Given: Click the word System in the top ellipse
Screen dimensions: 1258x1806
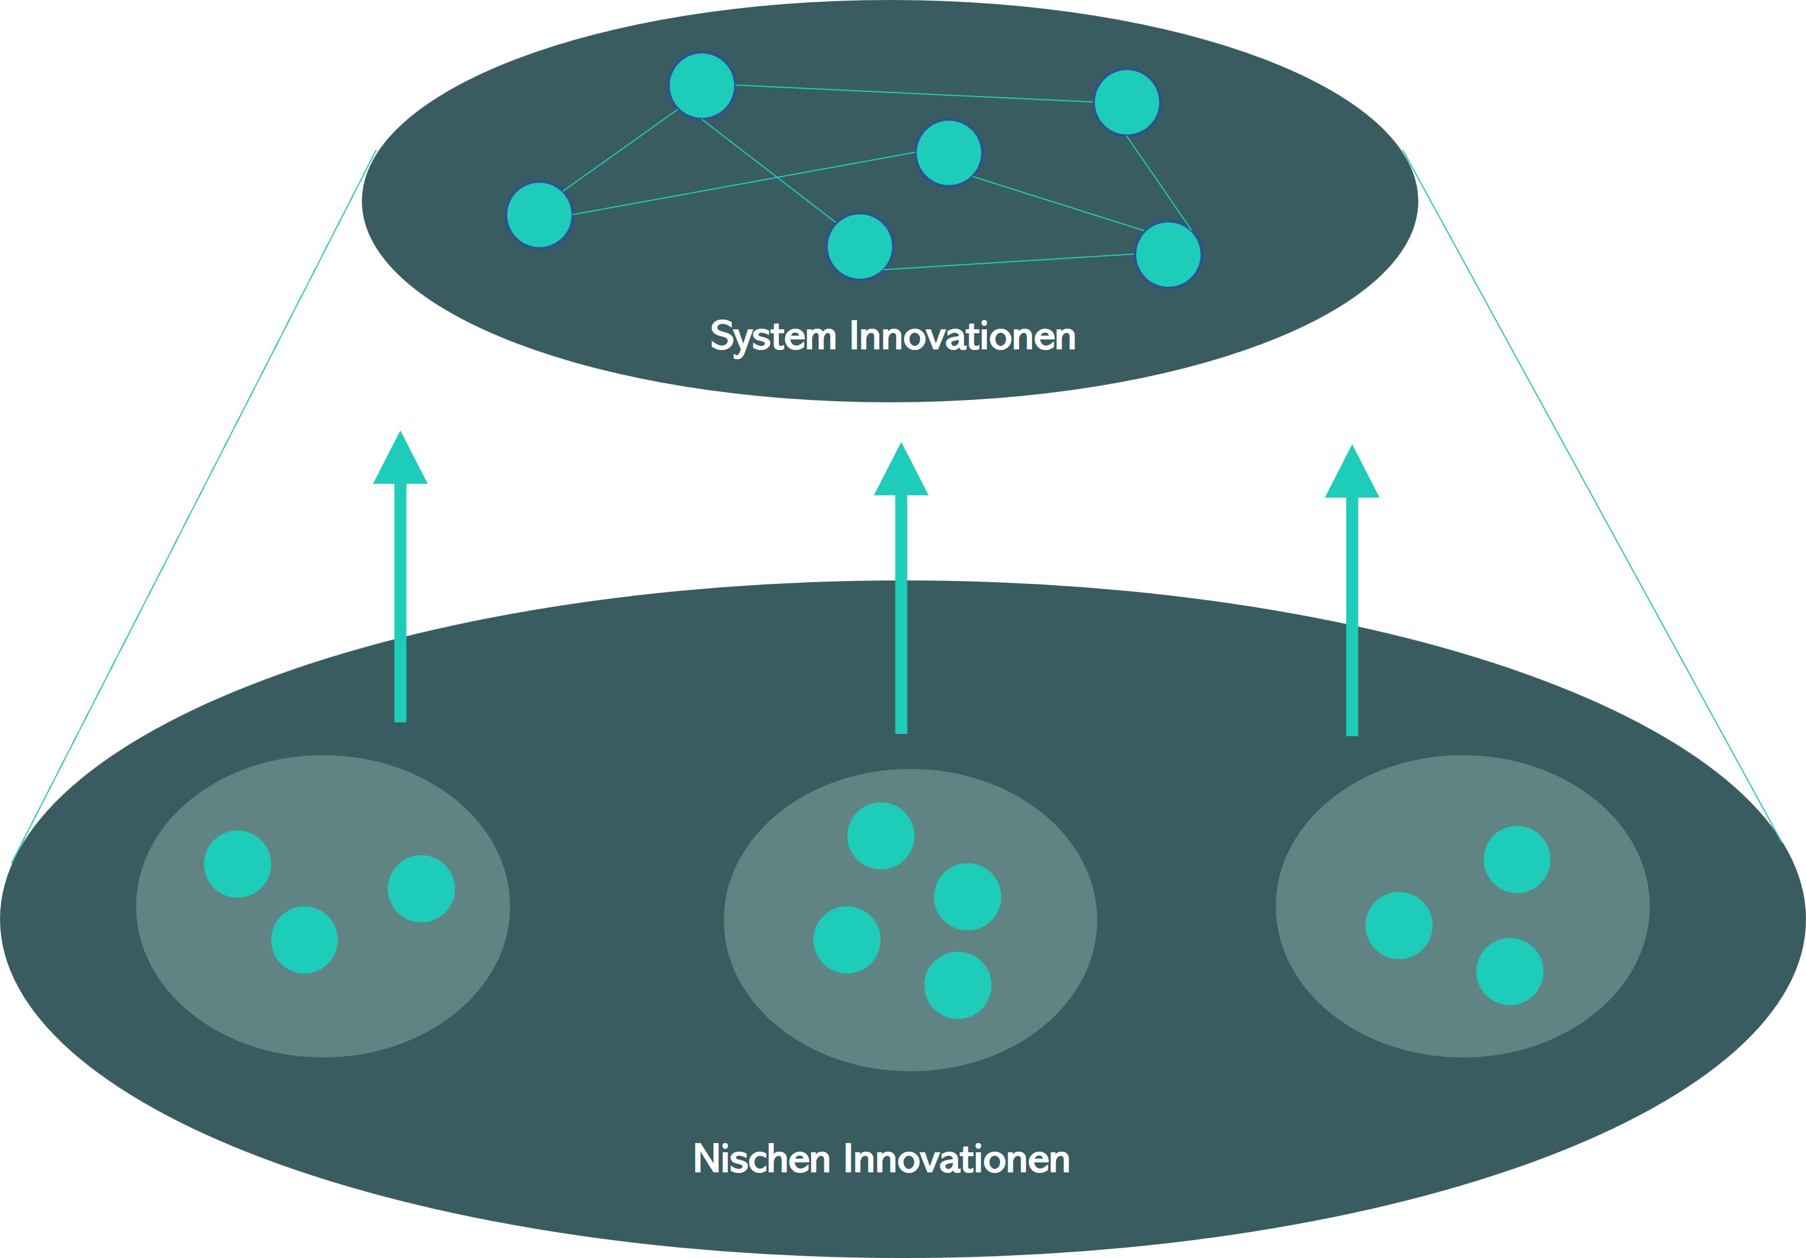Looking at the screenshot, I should pos(773,337).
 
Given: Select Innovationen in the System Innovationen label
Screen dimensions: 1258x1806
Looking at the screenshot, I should pos(962,337).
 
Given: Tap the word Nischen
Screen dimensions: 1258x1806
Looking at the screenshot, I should pos(762,1159).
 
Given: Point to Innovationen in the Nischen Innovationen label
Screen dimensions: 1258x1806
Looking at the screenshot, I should pos(956,1159).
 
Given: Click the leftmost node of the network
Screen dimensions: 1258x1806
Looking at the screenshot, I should pos(539,215).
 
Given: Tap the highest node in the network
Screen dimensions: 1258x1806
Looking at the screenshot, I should pos(701,85).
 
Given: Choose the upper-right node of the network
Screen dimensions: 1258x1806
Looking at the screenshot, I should pos(1127,102).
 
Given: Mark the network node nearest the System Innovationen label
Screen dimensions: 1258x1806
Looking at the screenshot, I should pos(860,246).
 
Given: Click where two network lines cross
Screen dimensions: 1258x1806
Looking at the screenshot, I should pos(777,178).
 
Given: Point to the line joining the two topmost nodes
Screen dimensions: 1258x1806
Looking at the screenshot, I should pos(912,94).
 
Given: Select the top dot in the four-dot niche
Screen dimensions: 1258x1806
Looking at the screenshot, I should pos(881,836).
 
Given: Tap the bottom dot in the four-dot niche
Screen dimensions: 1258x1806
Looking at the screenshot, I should pos(957,985).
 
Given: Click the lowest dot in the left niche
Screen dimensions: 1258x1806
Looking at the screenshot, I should pos(304,940).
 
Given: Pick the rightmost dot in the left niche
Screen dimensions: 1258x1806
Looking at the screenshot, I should pos(422,889).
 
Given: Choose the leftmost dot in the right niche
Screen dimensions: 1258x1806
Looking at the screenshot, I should pos(1399,925).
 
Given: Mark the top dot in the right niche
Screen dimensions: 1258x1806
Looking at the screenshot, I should pos(1516,859).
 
